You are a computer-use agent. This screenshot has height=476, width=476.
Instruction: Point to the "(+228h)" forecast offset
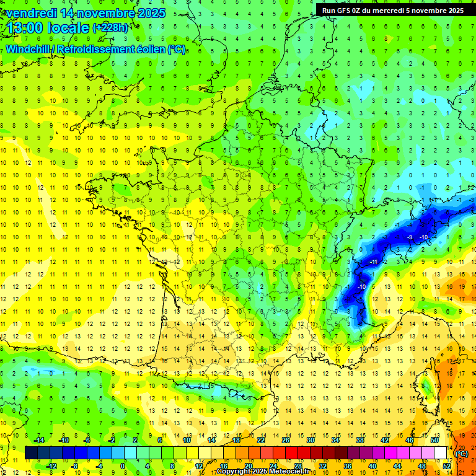pyautogui.click(x=111, y=28)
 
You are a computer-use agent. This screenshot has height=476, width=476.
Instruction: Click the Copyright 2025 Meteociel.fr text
pyautogui.click(x=263, y=472)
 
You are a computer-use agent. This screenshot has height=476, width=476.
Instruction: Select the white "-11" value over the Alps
pyautogui.click(x=374, y=262)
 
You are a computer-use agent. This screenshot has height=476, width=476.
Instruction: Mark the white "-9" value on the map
pyautogui.click(x=410, y=237)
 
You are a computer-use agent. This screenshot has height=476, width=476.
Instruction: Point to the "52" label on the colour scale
pyautogui.click(x=447, y=466)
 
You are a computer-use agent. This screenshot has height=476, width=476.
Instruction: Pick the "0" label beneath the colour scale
pyautogui.click(x=123, y=466)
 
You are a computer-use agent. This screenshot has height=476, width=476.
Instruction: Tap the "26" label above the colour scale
pyautogui.click(x=286, y=440)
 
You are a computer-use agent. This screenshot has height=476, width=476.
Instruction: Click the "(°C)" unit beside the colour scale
pyautogui.click(x=461, y=453)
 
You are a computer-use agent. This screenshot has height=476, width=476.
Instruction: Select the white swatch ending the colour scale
pyautogui.click(x=441, y=453)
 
